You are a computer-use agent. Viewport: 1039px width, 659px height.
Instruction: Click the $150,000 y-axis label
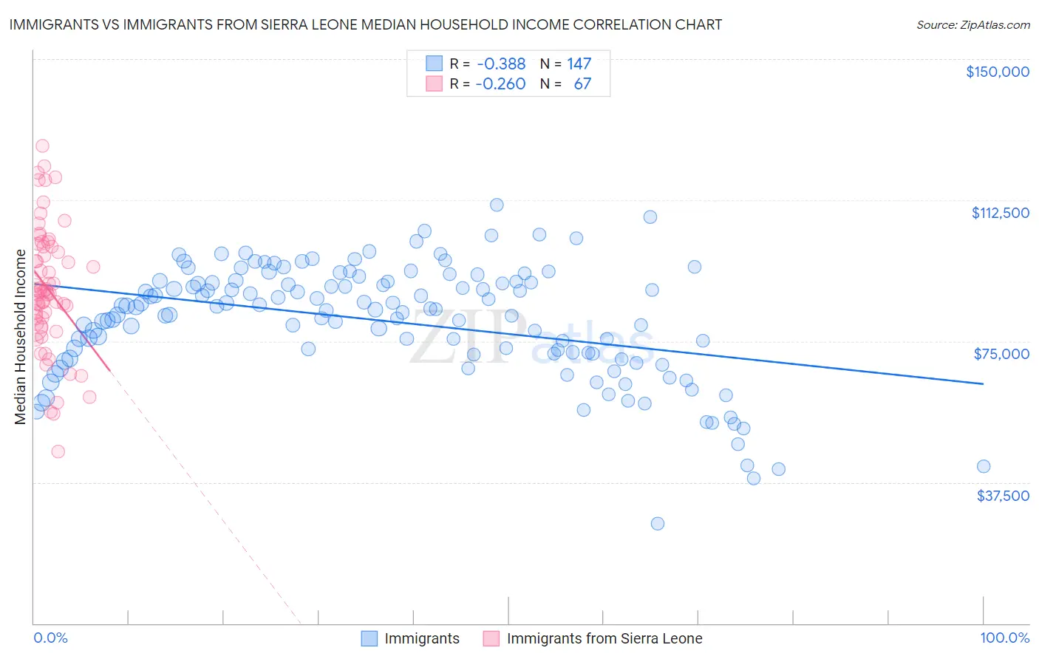click(997, 72)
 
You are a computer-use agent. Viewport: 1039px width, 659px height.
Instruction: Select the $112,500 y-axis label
click(1000, 213)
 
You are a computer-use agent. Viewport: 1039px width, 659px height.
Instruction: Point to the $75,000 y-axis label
click(1001, 354)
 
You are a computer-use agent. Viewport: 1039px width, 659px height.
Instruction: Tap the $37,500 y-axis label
click(1003, 496)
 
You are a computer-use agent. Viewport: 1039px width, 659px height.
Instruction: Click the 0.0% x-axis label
click(50, 638)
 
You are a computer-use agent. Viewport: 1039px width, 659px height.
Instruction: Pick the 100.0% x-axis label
click(1004, 638)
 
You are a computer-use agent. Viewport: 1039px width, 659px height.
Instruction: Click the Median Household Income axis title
click(20, 337)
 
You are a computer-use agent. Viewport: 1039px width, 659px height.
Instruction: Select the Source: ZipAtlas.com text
click(972, 25)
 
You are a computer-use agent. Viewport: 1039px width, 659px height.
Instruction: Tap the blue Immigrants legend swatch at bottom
click(369, 638)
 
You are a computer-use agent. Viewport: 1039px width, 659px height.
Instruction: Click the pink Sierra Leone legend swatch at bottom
click(491, 638)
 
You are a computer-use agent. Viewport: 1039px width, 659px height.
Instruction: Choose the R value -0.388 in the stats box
click(500, 64)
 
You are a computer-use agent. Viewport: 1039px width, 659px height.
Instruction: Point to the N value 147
click(579, 64)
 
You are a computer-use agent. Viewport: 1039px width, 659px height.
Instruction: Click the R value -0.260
click(500, 84)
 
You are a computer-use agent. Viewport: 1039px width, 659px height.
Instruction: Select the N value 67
click(582, 84)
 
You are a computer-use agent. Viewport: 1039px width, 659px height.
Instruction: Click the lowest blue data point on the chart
click(657, 524)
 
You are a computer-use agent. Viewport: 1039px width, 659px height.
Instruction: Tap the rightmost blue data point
click(983, 466)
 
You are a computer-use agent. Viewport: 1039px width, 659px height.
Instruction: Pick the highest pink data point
click(42, 146)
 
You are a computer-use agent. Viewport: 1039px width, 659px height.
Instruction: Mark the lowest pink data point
click(58, 451)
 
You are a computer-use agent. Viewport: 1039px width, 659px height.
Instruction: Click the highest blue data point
click(497, 205)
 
